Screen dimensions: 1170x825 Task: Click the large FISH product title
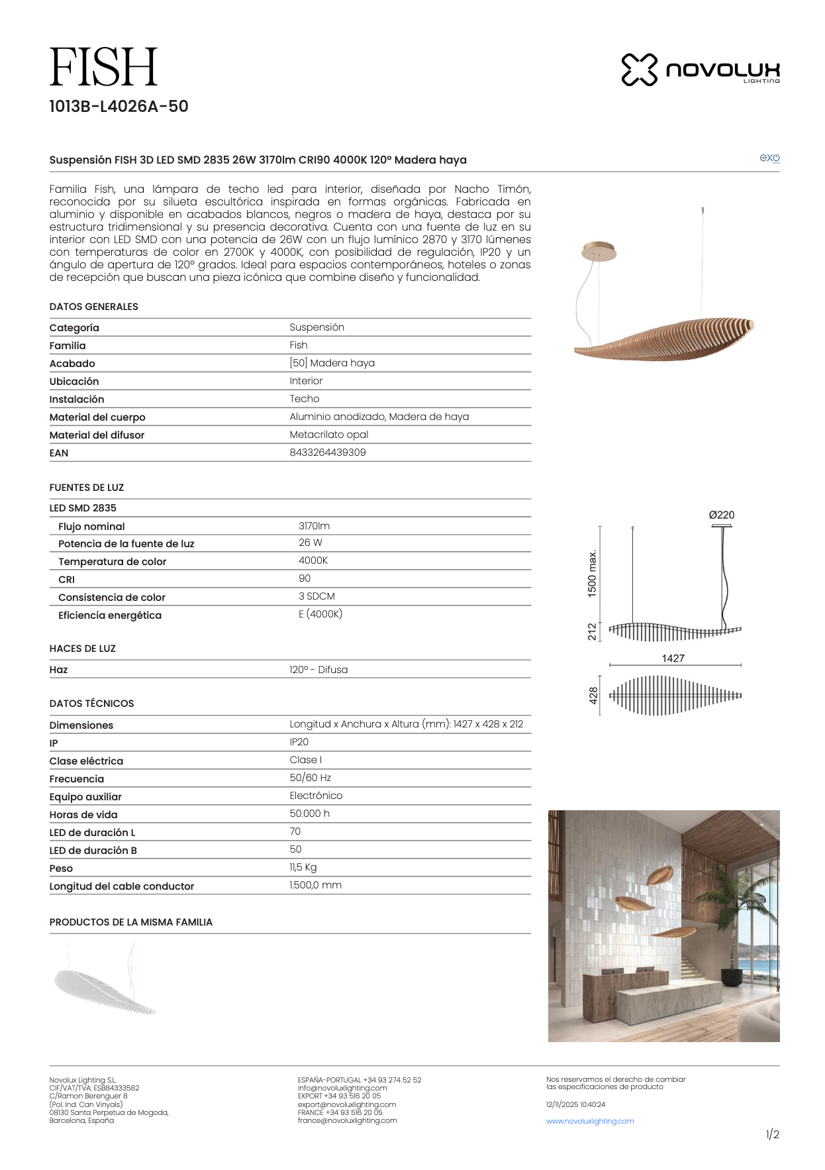(103, 68)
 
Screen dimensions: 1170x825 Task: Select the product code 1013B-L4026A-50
(119, 107)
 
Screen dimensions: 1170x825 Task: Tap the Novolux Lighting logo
(700, 70)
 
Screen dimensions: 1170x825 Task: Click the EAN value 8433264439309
(327, 452)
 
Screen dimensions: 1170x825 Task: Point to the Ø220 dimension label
(721, 515)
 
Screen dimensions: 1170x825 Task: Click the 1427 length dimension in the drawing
(673, 658)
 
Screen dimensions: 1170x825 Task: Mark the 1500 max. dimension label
(592, 573)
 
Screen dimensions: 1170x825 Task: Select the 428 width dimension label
(593, 696)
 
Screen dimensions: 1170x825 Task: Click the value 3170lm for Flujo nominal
(314, 526)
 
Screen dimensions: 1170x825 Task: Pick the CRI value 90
(305, 578)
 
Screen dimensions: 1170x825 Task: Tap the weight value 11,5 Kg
(303, 867)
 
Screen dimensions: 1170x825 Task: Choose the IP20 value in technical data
(299, 742)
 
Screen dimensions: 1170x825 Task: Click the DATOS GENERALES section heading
(93, 307)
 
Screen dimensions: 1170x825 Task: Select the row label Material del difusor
(97, 435)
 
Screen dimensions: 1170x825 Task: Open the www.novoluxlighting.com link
(590, 1121)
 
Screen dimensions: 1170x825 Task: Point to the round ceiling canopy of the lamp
(599, 251)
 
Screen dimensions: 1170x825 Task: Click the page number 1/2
(772, 1134)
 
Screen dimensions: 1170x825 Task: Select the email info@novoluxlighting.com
(342, 1088)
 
